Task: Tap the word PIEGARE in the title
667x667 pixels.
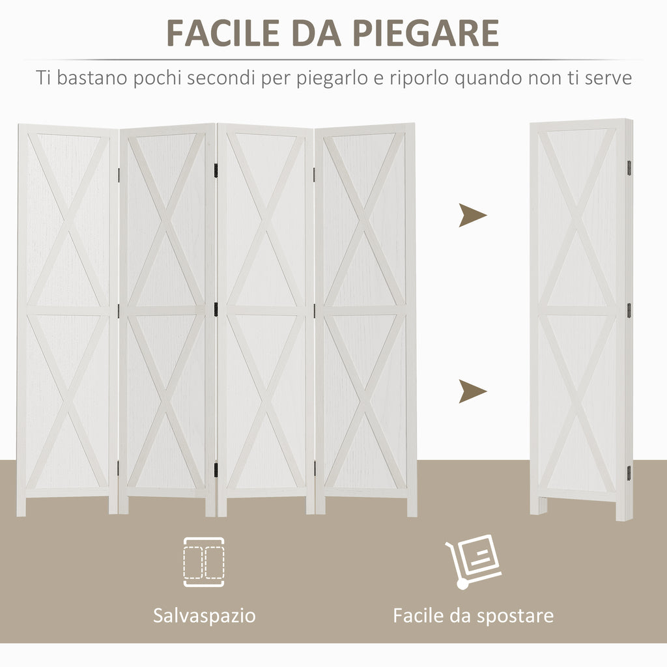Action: (425, 33)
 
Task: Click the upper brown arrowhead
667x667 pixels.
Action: (472, 215)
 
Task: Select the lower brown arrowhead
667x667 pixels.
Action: (472, 391)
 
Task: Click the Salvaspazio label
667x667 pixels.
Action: (204, 616)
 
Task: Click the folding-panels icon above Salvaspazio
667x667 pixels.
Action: (204, 562)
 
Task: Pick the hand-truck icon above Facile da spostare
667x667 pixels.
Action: (473, 561)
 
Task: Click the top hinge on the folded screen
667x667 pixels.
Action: (629, 169)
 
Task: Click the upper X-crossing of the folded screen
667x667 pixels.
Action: (577, 219)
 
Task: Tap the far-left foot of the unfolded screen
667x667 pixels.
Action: (21, 506)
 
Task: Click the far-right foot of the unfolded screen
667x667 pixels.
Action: (412, 506)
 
